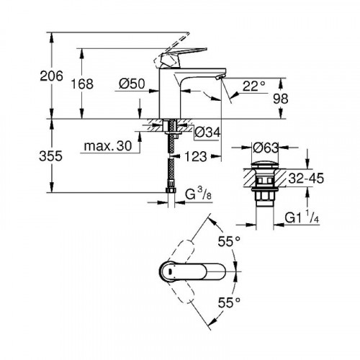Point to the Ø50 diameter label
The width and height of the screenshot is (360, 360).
(135, 85)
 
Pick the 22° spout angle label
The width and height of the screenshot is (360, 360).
(253, 86)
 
